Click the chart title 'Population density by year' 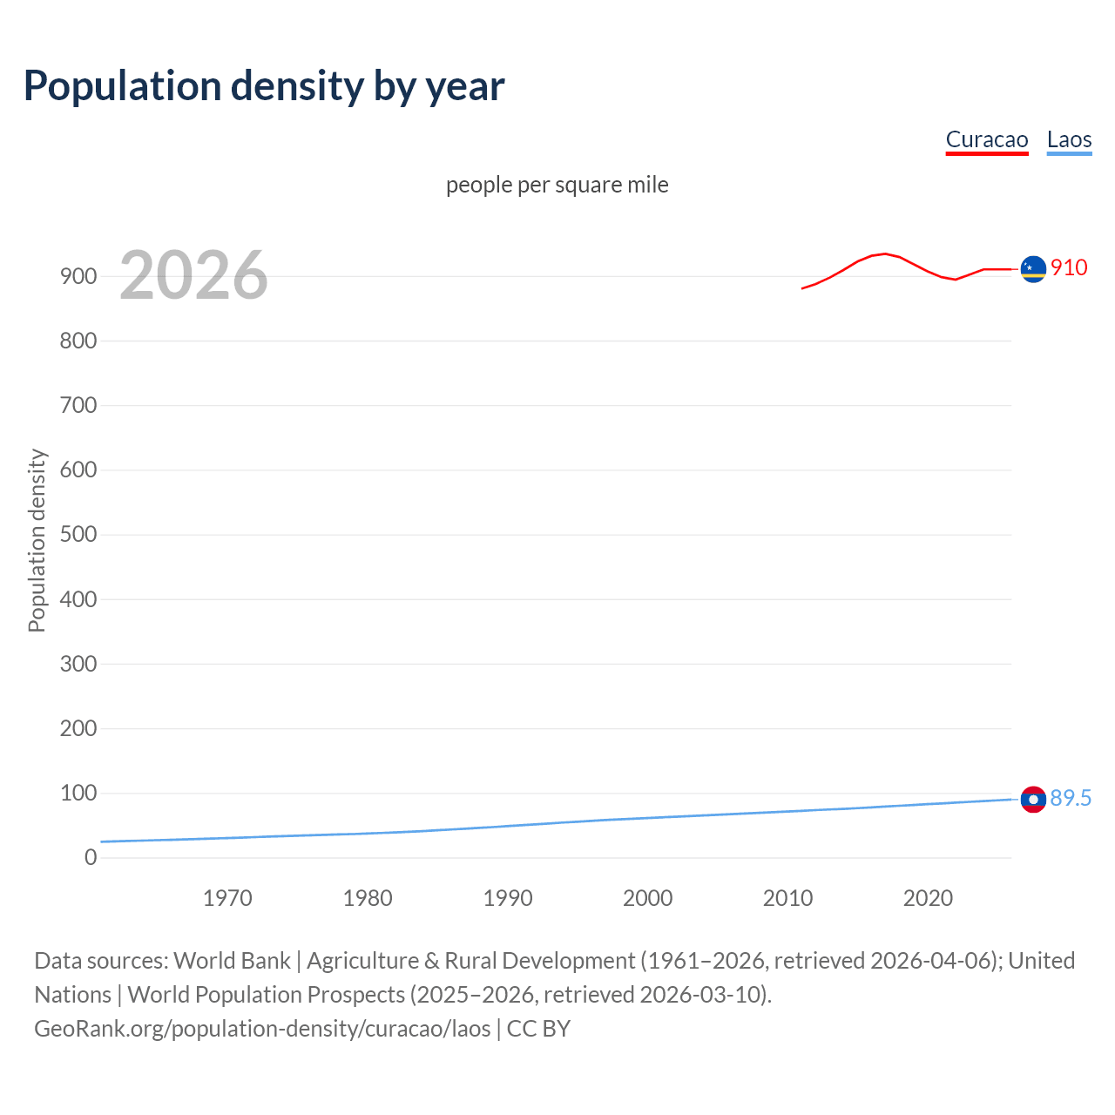click(264, 86)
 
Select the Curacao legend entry click(987, 139)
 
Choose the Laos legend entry click(1069, 139)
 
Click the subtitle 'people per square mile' click(557, 185)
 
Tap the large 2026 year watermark click(193, 275)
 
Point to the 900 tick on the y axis click(78, 276)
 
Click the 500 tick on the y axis click(78, 534)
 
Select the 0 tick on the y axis click(91, 857)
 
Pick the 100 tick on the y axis click(78, 793)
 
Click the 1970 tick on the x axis click(227, 898)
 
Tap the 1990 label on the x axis click(508, 898)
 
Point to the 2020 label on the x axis click(928, 898)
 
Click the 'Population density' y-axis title click(37, 540)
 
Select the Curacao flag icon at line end click(1033, 269)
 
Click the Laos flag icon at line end click(1033, 799)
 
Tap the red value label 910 click(1069, 267)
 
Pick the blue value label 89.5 click(1071, 798)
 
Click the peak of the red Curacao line click(885, 253)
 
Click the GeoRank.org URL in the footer click(262, 1028)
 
